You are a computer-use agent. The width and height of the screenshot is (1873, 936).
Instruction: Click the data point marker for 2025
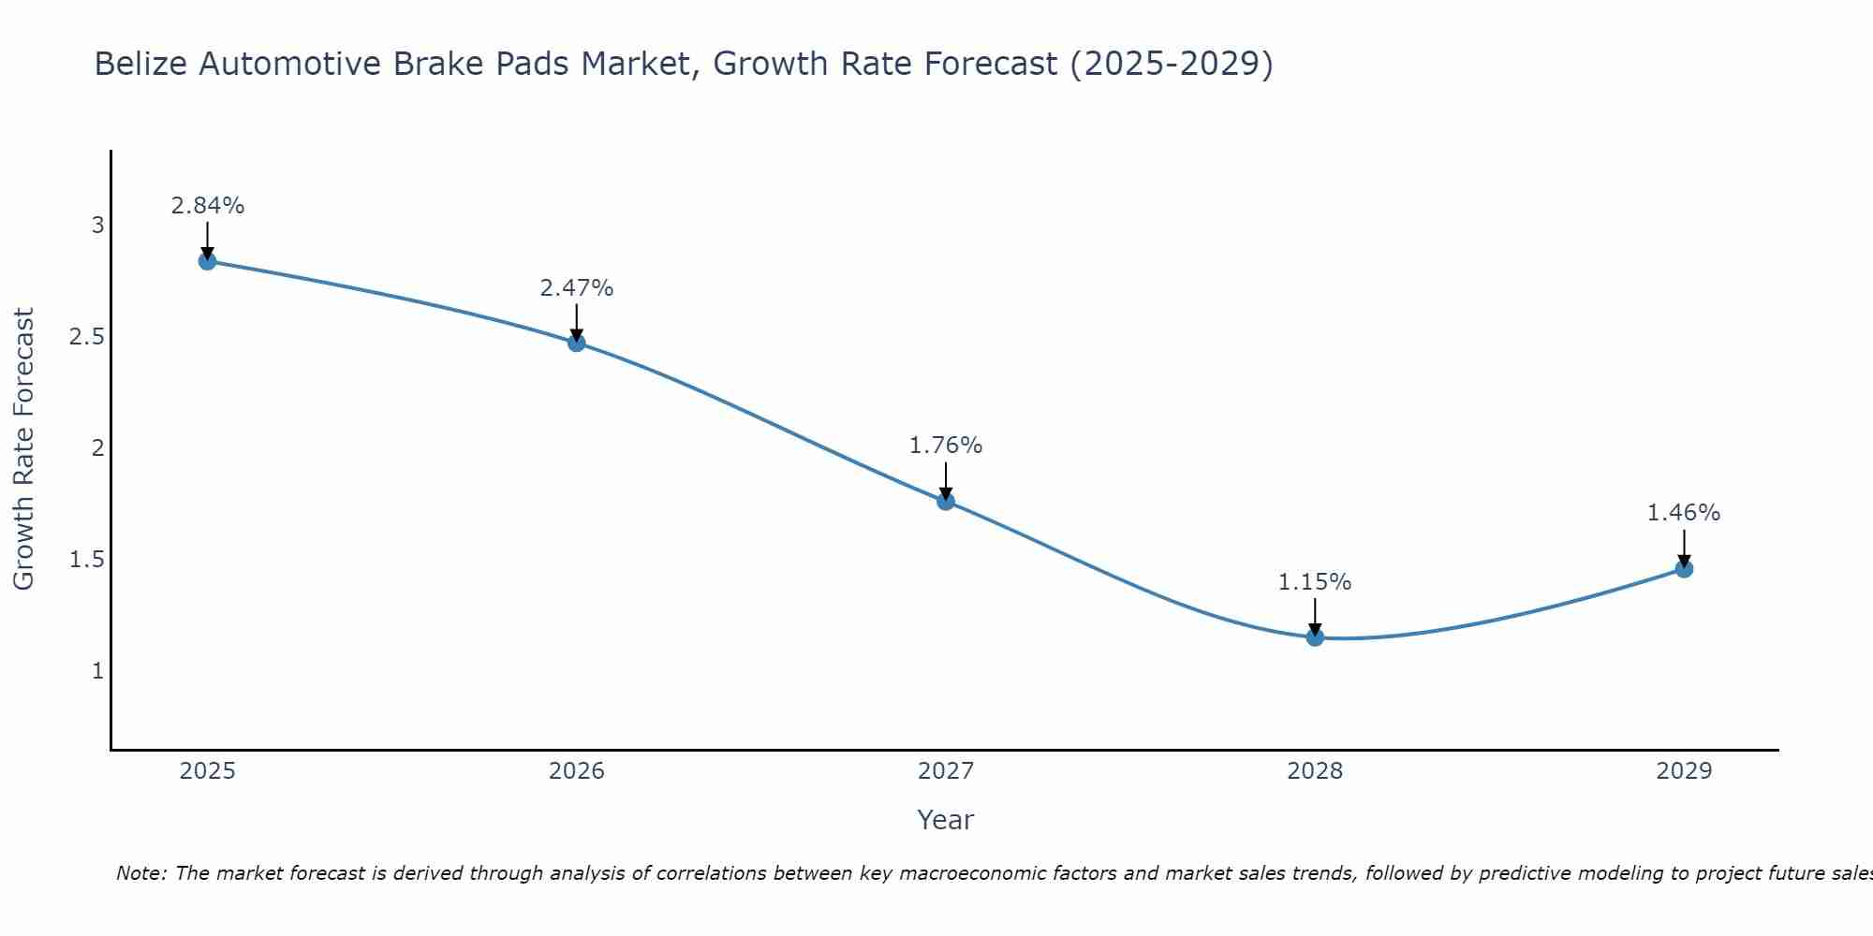tap(208, 261)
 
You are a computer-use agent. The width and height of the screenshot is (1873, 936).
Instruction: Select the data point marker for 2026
tap(577, 343)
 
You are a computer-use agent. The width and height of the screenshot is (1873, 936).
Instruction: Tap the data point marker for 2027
tap(946, 501)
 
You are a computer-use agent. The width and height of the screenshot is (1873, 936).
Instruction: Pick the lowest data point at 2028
tap(1315, 637)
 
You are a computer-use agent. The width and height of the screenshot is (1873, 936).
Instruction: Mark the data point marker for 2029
tap(1684, 569)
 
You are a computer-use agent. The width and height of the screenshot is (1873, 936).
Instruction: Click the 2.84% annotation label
tap(208, 206)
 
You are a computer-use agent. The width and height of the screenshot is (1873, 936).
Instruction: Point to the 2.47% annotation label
tap(577, 288)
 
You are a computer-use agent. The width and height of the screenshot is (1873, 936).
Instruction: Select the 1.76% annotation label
tap(946, 446)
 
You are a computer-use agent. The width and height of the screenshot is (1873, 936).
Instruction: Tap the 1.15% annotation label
tap(1315, 582)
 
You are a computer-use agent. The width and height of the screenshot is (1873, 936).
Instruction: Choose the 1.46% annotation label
tap(1684, 513)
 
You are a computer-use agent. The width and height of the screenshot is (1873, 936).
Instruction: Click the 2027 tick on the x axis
tap(946, 771)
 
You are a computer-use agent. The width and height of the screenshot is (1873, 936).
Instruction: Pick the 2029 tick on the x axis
tap(1684, 771)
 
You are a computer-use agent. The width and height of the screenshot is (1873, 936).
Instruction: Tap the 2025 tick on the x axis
tap(208, 771)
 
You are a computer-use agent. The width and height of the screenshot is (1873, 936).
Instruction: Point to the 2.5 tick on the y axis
tap(86, 337)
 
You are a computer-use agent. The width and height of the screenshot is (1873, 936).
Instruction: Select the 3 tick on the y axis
tap(97, 226)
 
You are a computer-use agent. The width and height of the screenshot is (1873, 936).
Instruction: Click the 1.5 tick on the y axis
tap(86, 560)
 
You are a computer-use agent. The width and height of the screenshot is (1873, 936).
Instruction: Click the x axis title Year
tap(946, 820)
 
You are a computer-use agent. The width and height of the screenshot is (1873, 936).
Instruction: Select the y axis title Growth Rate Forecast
tap(23, 449)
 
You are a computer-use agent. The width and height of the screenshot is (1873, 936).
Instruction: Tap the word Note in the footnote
tap(140, 873)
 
